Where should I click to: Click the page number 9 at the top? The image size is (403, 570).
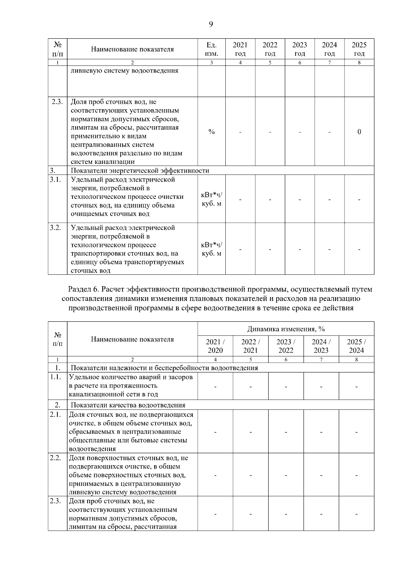pyautogui.click(x=211, y=24)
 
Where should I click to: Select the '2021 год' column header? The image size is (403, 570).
pyautogui.click(x=240, y=49)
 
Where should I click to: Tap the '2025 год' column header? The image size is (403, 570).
pyautogui.click(x=359, y=49)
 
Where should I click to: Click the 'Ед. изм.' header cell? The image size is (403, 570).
pyautogui.click(x=211, y=49)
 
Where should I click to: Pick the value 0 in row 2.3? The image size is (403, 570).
pyautogui.click(x=359, y=132)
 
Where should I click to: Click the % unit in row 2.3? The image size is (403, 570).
pyautogui.click(x=211, y=132)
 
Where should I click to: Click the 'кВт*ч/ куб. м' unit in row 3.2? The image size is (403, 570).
pyautogui.click(x=211, y=249)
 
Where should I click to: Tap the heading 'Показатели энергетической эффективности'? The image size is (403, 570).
pyautogui.click(x=140, y=171)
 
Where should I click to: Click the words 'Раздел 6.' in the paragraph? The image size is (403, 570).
pyautogui.click(x=84, y=289)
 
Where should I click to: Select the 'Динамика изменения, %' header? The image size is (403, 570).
pyautogui.click(x=286, y=328)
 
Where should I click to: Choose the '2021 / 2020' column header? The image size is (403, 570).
pyautogui.click(x=215, y=346)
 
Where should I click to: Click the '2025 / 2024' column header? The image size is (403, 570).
pyautogui.click(x=356, y=346)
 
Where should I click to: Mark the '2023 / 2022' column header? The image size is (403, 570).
pyautogui.click(x=286, y=346)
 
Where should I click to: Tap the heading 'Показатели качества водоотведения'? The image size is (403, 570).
pyautogui.click(x=128, y=405)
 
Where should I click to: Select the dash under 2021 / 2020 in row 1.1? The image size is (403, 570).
pyautogui.click(x=215, y=386)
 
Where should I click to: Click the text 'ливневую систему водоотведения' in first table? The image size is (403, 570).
pyautogui.click(x=124, y=71)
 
